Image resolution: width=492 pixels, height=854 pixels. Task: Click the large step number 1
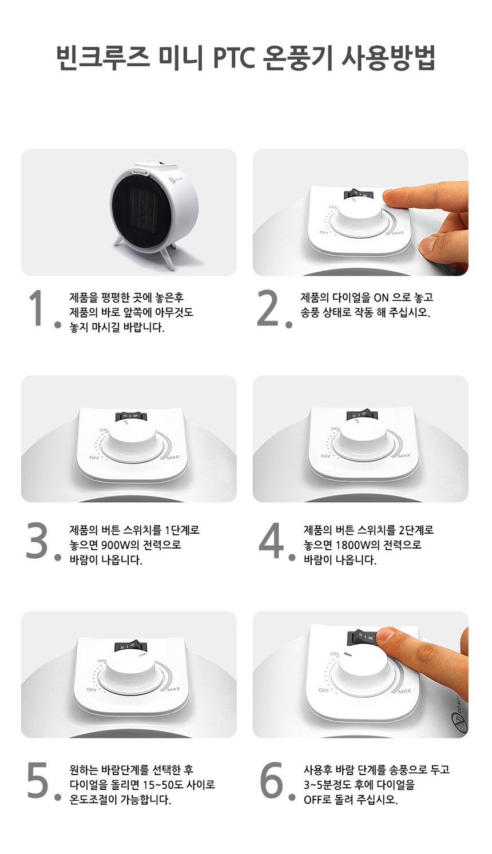pyautogui.click(x=37, y=308)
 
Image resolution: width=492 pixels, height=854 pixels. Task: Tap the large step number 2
pyautogui.click(x=269, y=308)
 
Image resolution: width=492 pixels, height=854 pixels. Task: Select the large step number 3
pyautogui.click(x=37, y=541)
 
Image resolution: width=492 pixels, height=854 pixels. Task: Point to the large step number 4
pyautogui.click(x=271, y=541)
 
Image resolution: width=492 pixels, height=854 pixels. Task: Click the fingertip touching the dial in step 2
pyautogui.click(x=392, y=198)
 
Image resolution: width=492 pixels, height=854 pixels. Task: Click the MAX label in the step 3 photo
pyautogui.click(x=173, y=457)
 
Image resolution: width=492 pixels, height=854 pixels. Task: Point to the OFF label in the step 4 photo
pyautogui.click(x=326, y=456)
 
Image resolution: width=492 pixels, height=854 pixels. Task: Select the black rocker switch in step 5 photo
pyautogui.click(x=127, y=646)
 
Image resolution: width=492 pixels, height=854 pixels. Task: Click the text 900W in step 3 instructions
pyautogui.click(x=121, y=545)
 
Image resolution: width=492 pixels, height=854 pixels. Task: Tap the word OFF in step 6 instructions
pyautogui.click(x=313, y=800)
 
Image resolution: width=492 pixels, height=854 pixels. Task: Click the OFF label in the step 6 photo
pyautogui.click(x=324, y=690)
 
